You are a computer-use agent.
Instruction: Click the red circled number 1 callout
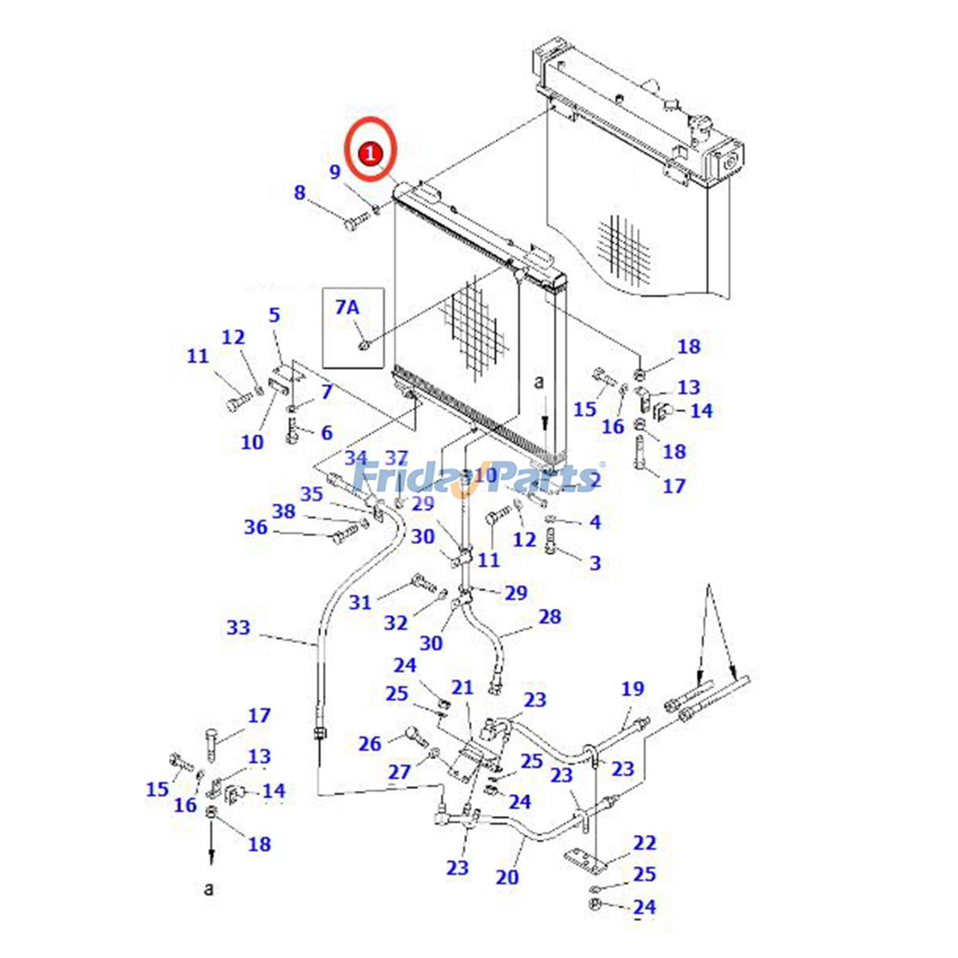(371, 153)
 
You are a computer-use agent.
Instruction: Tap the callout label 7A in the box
(347, 307)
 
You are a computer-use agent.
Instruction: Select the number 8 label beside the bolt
(299, 193)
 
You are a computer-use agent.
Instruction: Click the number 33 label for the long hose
(238, 627)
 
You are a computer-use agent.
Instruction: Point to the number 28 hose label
(550, 616)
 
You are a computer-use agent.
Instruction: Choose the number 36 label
(256, 527)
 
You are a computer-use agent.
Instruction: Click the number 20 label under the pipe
(507, 877)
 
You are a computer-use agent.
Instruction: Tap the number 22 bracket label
(644, 842)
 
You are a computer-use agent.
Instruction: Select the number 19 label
(632, 689)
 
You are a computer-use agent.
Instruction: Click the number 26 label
(369, 744)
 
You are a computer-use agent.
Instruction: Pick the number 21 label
(462, 687)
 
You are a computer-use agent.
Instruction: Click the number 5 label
(274, 315)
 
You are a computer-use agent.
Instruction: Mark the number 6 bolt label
(326, 432)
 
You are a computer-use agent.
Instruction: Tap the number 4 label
(595, 522)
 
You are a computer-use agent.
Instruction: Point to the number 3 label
(595, 562)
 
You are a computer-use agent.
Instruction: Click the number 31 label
(360, 602)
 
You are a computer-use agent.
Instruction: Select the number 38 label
(284, 511)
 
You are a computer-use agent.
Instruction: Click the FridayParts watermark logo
(476, 478)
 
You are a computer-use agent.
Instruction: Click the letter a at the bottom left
(208, 888)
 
